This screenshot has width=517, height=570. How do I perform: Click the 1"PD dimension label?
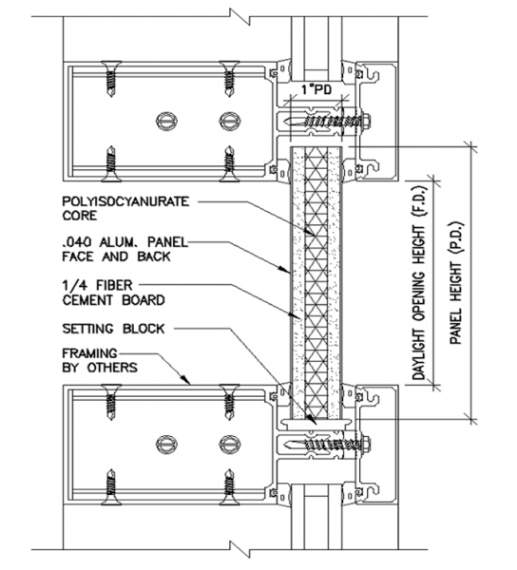coord(317,89)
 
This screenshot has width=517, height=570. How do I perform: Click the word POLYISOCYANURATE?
coord(125,201)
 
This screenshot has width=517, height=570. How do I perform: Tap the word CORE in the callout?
coord(80,216)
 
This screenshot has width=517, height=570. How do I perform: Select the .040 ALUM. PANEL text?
coord(125,242)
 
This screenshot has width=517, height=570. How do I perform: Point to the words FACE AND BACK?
coord(116,256)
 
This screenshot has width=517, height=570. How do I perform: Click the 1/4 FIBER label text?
coord(98,285)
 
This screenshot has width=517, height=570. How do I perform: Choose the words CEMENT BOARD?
coord(113,300)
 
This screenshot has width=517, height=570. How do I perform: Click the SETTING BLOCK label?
coord(113,329)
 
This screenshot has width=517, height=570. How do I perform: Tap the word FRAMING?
coord(89,353)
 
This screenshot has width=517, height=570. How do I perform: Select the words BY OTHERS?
coord(100,368)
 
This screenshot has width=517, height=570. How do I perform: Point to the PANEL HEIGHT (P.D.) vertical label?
coord(456,283)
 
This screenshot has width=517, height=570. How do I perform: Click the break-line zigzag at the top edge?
coord(239,16)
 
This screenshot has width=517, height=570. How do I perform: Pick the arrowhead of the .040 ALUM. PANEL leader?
coord(285,270)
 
